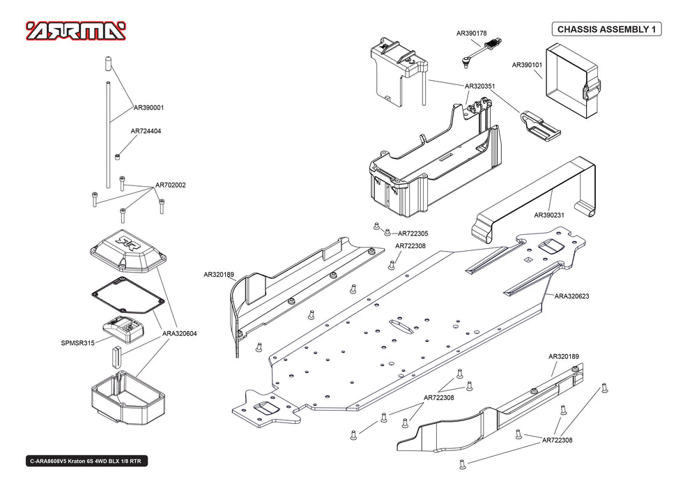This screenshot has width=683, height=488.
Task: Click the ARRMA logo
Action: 76,31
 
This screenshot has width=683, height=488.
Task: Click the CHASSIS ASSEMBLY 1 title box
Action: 606,29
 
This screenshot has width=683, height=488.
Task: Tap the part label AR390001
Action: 148,107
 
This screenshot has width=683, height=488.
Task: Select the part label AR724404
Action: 146,131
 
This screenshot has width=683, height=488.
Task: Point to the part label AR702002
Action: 171,185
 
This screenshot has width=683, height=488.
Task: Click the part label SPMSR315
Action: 78,343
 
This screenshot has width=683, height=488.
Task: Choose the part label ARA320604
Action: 180,334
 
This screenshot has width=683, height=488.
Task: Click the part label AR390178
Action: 472,33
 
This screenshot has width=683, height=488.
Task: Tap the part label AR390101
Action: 527,65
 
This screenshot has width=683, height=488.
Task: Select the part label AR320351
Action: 480,86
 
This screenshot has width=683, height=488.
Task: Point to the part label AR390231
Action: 549,215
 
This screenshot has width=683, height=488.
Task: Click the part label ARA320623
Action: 572,296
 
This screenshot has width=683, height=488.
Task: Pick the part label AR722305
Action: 413,234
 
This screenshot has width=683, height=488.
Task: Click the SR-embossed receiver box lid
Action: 128,252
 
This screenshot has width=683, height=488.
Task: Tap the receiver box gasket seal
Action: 128,296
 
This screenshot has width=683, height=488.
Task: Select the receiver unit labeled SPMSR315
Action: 123,329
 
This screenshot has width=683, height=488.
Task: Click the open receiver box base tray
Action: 128,397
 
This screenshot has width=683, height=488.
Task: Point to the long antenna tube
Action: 108,135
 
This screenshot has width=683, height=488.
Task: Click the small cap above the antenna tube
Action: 108,63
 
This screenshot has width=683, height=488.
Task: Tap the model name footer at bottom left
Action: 86,462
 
